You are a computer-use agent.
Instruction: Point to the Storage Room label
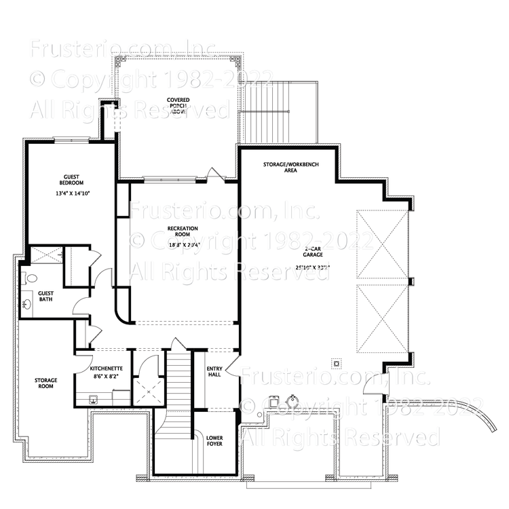[45, 384]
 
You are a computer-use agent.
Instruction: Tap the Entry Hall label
[214, 373]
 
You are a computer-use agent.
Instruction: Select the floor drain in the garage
[335, 361]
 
